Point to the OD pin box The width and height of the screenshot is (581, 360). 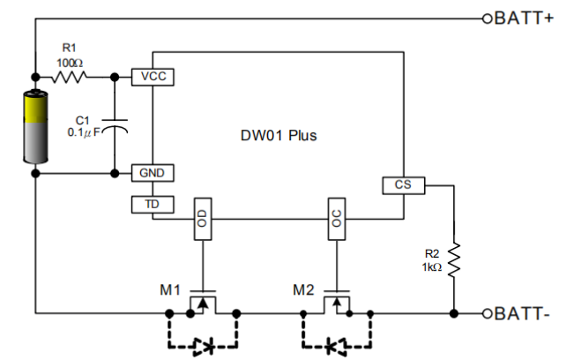(x=204, y=220)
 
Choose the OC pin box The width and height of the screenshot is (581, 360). (x=337, y=220)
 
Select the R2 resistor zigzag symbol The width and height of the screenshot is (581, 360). (x=454, y=262)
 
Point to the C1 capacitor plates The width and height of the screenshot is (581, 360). (x=115, y=124)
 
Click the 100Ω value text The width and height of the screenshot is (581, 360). (x=70, y=62)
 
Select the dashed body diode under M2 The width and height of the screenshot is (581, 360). (x=336, y=345)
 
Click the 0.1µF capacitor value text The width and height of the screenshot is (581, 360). (x=85, y=132)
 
